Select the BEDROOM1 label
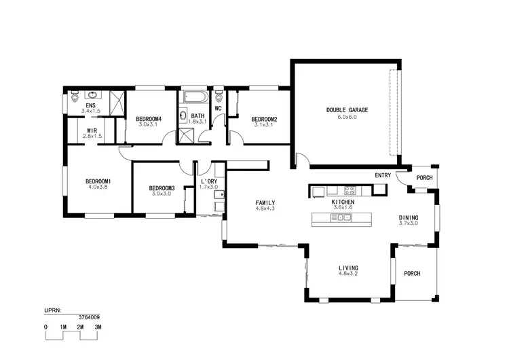[x=98, y=181]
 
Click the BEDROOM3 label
[x=162, y=187]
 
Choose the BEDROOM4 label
[x=147, y=118]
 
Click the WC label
[x=219, y=108]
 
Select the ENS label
[x=90, y=105]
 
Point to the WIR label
[x=91, y=130]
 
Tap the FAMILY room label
[x=265, y=203]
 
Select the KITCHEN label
[x=343, y=202]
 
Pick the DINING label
[x=409, y=217]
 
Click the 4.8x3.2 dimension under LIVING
[x=348, y=274]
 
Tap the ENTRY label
[x=383, y=175]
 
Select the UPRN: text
[x=53, y=310]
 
